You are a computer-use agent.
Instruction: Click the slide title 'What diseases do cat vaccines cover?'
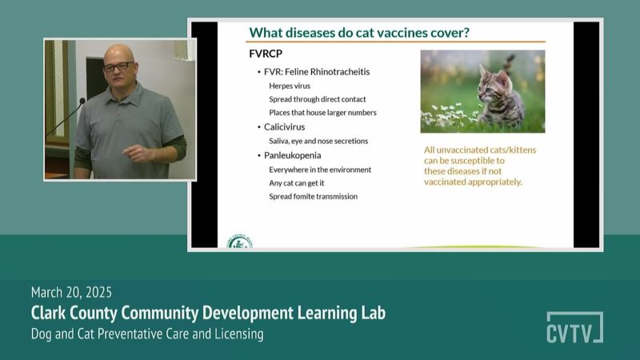pos(359,32)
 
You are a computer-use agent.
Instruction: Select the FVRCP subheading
pos(266,54)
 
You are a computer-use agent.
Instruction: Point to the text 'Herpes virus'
pos(290,86)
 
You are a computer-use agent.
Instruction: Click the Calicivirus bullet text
pos(284,127)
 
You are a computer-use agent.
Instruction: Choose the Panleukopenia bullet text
pos(292,155)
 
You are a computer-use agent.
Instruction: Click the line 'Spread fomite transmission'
pos(313,196)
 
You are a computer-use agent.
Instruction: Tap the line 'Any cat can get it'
pos(296,183)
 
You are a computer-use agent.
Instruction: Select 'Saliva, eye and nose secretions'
pos(318,141)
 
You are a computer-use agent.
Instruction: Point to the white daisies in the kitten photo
pos(447,114)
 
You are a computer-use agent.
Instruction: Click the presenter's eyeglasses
pos(118,66)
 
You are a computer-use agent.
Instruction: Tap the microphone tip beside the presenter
pos(82,101)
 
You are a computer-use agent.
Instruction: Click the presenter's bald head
pos(118,54)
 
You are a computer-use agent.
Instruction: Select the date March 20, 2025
pos(71,292)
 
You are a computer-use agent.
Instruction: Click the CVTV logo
pos(574,327)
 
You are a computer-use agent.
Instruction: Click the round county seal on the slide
pos(239,242)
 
